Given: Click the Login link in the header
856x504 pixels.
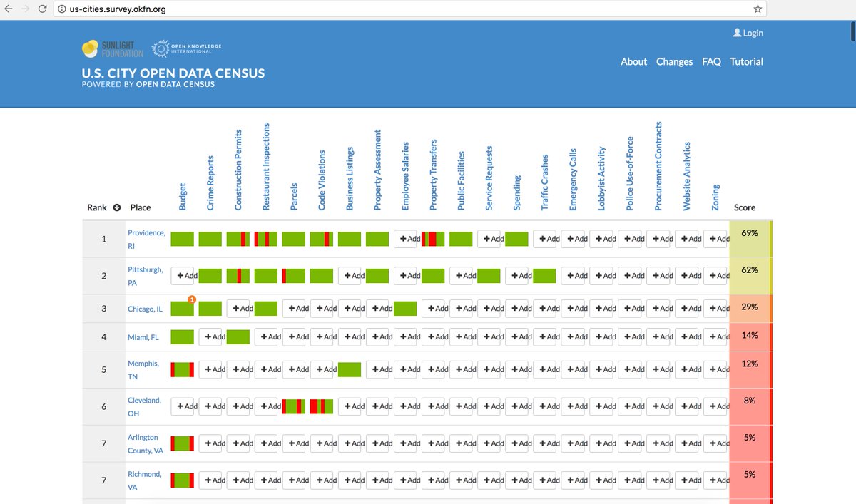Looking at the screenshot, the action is pos(748,33).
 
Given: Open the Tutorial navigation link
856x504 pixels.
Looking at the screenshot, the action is pos(746,61).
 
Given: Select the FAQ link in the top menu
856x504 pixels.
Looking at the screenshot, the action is pos(711,61).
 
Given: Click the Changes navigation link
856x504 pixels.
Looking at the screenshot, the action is pos(674,61).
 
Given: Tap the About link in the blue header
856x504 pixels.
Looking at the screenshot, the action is pos(633,61).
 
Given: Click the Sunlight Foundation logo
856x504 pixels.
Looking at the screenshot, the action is pos(113,49).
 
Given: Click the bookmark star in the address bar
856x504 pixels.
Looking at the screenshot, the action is pos(758,9).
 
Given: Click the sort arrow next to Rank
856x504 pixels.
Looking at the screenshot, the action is pos(117,207).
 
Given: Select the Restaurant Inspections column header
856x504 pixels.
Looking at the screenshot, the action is pos(266,167).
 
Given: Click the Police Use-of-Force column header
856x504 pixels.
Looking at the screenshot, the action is pos(630,173).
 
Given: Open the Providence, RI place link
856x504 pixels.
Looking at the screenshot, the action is pos(146,239).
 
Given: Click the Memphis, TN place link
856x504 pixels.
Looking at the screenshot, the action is pos(143,369).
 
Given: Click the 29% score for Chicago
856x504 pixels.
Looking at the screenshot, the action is pos(750,308).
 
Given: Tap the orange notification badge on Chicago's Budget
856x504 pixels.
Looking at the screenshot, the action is pos(192,299).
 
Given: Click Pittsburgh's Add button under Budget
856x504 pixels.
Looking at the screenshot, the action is pos(185,276).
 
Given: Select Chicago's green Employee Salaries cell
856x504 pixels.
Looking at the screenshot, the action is pos(405,309).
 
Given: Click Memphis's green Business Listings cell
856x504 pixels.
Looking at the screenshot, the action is pos(350,369).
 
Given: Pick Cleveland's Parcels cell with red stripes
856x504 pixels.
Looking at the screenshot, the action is pos(294,406).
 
